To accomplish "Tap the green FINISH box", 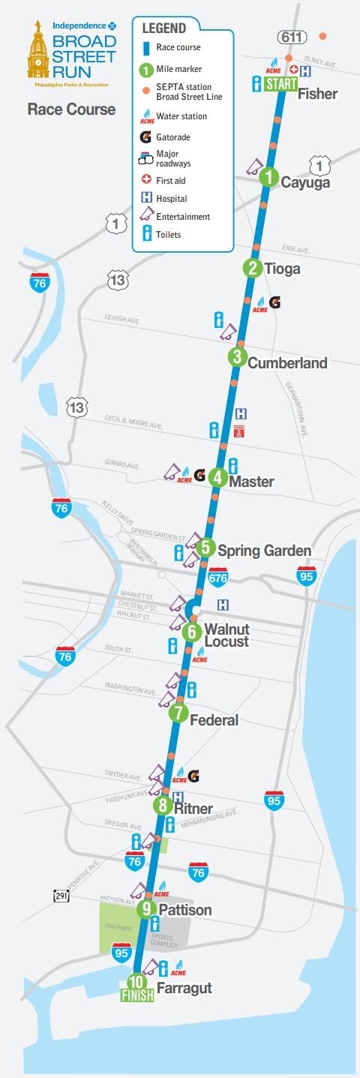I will pyautogui.click(x=137, y=995).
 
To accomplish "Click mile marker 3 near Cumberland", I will pyautogui.click(x=237, y=357).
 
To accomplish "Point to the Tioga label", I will pyautogui.click(x=282, y=269).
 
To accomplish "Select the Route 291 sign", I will pyautogui.click(x=62, y=896).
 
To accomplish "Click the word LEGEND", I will pyautogui.click(x=164, y=29).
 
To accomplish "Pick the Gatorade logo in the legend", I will pyautogui.click(x=146, y=137).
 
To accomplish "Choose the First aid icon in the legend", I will pyautogui.click(x=147, y=180).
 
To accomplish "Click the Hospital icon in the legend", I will pyautogui.click(x=147, y=198).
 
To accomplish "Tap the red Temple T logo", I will pyautogui.click(x=240, y=431).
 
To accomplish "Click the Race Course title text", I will pyautogui.click(x=71, y=110).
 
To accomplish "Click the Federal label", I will pyautogui.click(x=214, y=720).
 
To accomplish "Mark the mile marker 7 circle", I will pyautogui.click(x=178, y=713).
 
